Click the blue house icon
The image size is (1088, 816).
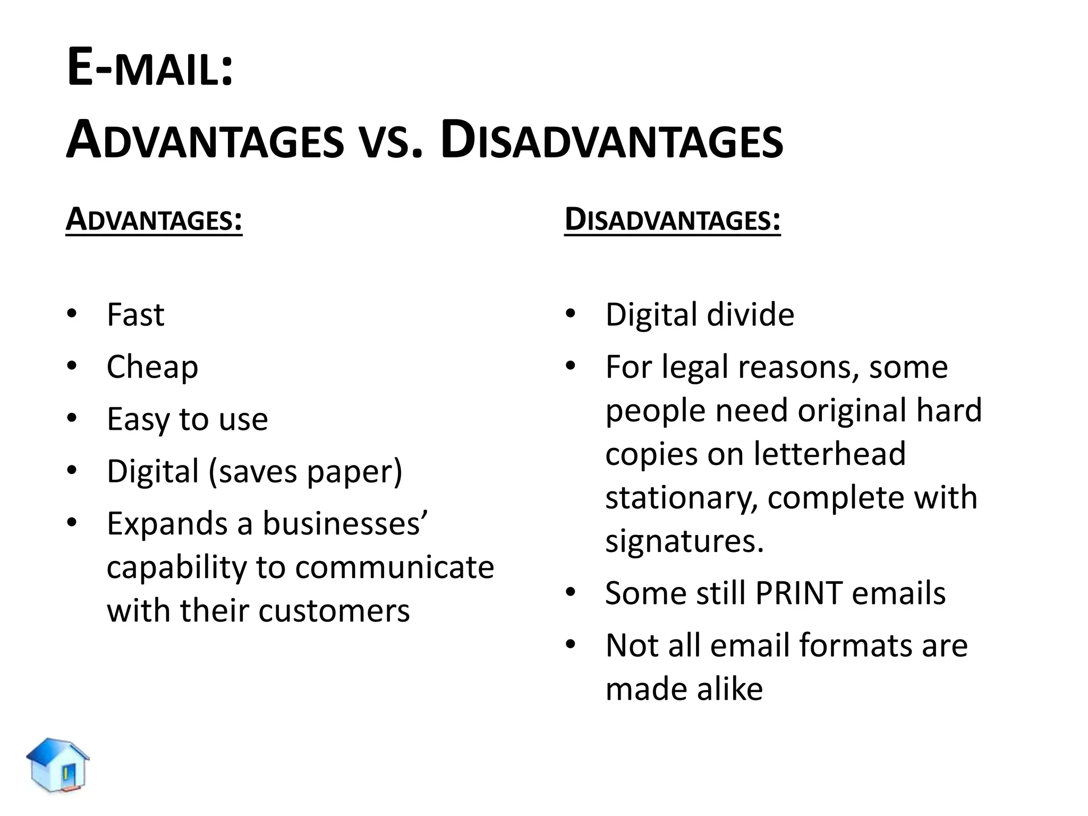coord(58,764)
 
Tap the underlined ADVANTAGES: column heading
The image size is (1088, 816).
coord(154,219)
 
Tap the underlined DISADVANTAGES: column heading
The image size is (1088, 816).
coord(672,219)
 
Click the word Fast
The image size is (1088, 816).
coord(135,314)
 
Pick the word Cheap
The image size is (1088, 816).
coord(152,367)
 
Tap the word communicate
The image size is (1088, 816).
coord(395,567)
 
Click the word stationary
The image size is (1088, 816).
coord(682,498)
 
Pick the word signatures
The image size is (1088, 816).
coord(684,541)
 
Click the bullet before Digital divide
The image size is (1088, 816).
coord(571,313)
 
